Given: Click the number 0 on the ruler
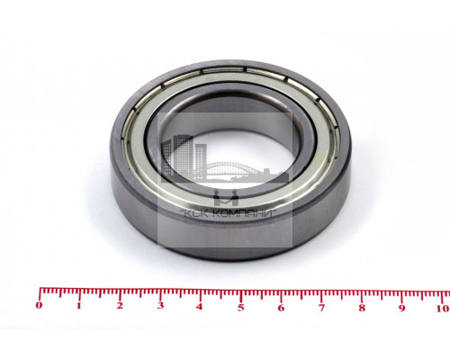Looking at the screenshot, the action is tap(39, 306).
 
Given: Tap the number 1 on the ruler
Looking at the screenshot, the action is tap(79, 306).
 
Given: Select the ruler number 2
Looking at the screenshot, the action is tap(120, 306).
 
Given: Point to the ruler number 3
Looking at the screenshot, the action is tap(160, 306).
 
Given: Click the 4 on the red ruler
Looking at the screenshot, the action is tap(200, 307).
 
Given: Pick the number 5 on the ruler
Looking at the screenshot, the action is tap(240, 308).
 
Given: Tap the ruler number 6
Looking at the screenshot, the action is tap(281, 308).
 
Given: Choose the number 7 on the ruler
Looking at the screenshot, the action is tap(321, 308).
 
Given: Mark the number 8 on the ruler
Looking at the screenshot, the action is tap(362, 308).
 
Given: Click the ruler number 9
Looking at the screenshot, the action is tap(402, 309).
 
